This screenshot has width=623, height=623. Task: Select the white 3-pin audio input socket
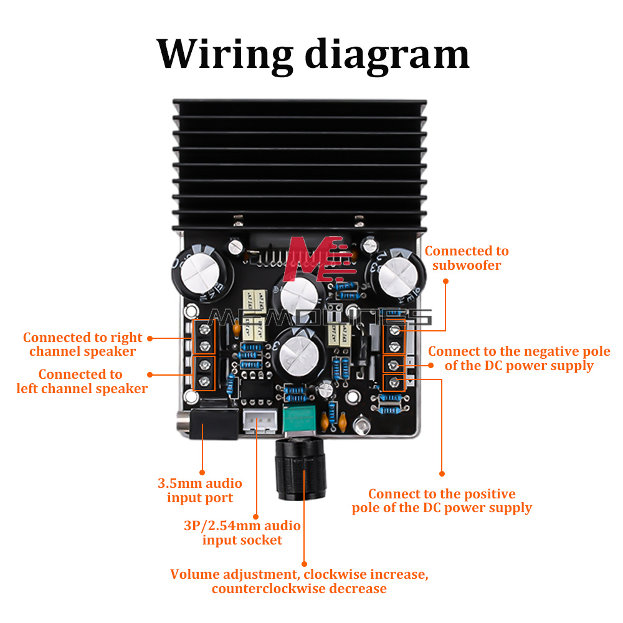click(x=260, y=422)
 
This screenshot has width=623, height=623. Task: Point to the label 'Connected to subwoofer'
click(x=467, y=258)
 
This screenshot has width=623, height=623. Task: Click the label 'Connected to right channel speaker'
click(x=83, y=344)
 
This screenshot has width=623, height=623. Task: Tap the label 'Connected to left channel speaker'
click(x=82, y=381)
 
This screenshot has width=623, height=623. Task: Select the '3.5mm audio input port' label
click(x=199, y=490)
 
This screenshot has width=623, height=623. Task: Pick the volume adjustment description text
click(x=299, y=581)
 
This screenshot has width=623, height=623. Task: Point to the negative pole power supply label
click(x=519, y=358)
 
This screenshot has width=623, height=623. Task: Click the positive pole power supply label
click(x=442, y=501)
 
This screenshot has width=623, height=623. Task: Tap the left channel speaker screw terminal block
click(x=204, y=373)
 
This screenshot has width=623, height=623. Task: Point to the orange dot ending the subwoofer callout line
click(x=446, y=281)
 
